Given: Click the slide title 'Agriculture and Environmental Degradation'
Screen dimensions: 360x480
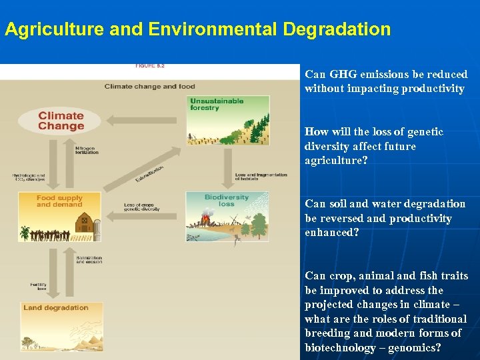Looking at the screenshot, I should [x=197, y=29].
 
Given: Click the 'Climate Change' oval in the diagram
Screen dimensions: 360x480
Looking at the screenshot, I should [x=61, y=121].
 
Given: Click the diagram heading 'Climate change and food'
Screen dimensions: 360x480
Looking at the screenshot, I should [x=149, y=86].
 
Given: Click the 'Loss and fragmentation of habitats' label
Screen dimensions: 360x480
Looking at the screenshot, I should [x=261, y=176].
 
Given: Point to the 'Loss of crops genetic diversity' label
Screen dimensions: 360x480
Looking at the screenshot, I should [x=142, y=207].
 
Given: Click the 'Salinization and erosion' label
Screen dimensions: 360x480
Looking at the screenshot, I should [x=89, y=260].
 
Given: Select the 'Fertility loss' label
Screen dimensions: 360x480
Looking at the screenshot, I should [x=38, y=287].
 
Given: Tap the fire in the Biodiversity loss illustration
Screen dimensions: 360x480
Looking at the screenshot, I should [x=206, y=217].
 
